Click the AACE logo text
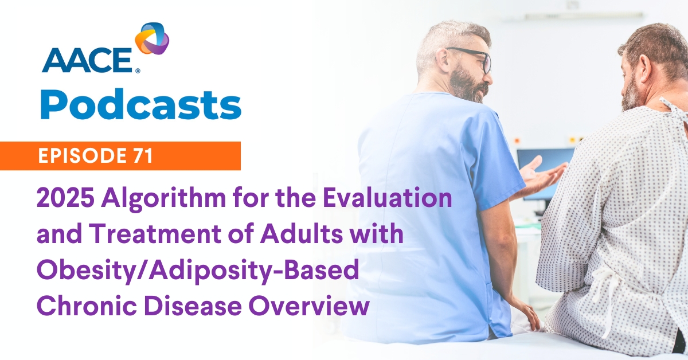click(x=88, y=60)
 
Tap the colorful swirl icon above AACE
click(x=152, y=39)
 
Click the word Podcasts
click(x=140, y=104)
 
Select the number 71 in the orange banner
click(x=143, y=155)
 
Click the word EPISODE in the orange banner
click(x=81, y=155)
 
